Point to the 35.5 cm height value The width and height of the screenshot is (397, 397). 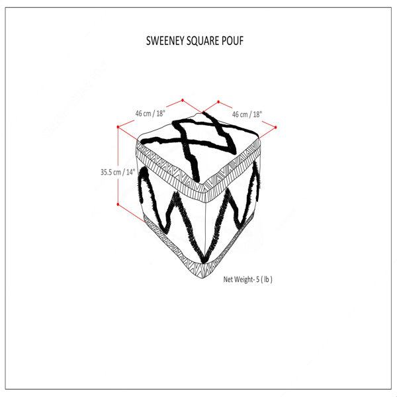pyautogui.click(x=110, y=172)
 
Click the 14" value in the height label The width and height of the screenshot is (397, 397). pyautogui.click(x=130, y=172)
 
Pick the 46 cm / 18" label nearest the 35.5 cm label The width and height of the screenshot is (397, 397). pyautogui.click(x=150, y=113)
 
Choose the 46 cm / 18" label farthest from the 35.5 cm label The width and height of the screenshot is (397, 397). pyautogui.click(x=247, y=114)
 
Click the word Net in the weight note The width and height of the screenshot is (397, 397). pyautogui.click(x=228, y=279)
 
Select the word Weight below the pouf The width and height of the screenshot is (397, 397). pyautogui.click(x=243, y=279)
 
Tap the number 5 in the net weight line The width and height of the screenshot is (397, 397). pyautogui.click(x=258, y=279)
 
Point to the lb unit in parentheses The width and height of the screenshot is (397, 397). pyautogui.click(x=267, y=279)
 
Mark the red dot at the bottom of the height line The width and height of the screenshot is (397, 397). pyautogui.click(x=118, y=204)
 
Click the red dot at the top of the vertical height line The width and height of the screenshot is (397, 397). pyautogui.click(x=118, y=126)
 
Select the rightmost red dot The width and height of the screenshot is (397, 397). pyautogui.click(x=275, y=127)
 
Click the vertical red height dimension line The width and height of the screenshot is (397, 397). pyautogui.click(x=118, y=165)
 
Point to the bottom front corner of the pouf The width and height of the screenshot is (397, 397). pyautogui.click(x=202, y=278)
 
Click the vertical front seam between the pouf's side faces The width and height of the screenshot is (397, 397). pyautogui.click(x=205, y=227)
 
